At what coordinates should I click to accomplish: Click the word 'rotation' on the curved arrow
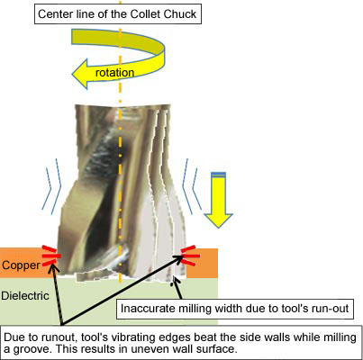pos(114,73)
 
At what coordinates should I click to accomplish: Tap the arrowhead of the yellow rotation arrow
pos(79,74)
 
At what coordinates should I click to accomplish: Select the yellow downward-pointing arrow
pos(218,200)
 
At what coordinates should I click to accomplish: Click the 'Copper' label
pos(21,265)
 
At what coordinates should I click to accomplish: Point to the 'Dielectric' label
pos(25,296)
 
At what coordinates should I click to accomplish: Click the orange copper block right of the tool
pos(202,264)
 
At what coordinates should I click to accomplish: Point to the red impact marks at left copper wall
pos(51,256)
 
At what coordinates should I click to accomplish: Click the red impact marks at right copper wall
pos(190,256)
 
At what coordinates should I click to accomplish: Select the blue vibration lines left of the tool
pos(52,186)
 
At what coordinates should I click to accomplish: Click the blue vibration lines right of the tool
pos(190,186)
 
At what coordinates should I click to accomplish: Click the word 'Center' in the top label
pos(53,14)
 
